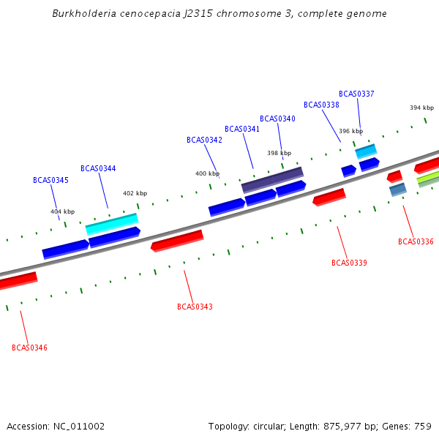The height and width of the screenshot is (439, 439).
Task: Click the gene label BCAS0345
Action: pos(50,180)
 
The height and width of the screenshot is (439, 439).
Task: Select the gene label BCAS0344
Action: pos(98,168)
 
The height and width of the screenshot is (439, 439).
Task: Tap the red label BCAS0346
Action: pos(29,348)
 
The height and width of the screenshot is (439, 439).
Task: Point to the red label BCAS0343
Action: pos(195,307)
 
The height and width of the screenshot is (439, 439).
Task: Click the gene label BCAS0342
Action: pos(204,140)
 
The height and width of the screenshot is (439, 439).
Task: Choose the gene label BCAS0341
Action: pos(242,129)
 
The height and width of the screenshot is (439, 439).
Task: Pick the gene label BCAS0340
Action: pos(277,119)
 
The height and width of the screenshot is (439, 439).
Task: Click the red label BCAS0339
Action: pos(349,263)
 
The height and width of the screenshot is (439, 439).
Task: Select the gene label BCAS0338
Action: pos(321,105)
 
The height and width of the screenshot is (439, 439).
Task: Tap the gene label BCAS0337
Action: pos(356,94)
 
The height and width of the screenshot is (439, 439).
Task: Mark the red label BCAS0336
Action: pos(416,241)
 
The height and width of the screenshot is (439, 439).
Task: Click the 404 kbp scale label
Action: pos(62,211)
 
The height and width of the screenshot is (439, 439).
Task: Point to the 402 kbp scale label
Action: pos(135,193)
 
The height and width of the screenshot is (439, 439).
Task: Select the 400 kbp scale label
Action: pos(207,173)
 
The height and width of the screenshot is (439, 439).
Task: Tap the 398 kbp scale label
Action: pos(279,153)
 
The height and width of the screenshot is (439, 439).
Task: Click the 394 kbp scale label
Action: pos(421,108)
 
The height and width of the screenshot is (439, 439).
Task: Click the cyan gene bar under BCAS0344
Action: pos(112,223)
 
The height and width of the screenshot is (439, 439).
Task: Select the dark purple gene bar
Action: pos(272,179)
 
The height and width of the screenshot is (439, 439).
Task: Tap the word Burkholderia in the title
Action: pos(83,14)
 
